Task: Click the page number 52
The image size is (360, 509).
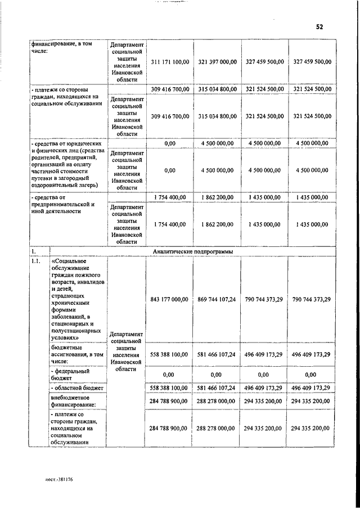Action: (x=319, y=26)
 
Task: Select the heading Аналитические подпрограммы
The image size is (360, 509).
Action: (x=193, y=251)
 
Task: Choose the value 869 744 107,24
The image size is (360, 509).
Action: (x=217, y=300)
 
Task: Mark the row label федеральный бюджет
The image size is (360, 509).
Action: (x=70, y=374)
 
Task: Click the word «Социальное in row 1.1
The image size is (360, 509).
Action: (x=68, y=262)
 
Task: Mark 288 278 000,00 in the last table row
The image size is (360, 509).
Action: (x=217, y=428)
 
